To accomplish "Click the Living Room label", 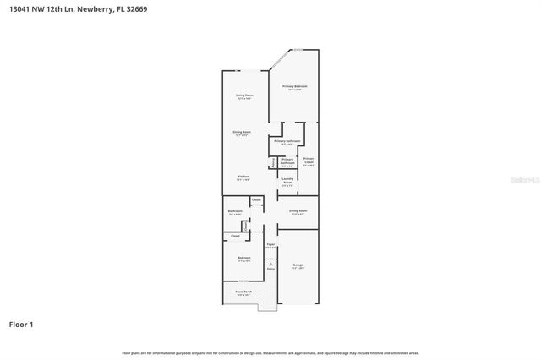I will (245, 95).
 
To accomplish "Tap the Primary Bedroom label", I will (294, 87).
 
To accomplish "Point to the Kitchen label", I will (242, 177).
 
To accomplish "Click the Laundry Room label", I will (287, 180).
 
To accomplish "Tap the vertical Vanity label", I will (272, 162).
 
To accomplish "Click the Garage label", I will (298, 265).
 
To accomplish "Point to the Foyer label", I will (270, 244).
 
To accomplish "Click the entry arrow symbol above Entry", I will (270, 265).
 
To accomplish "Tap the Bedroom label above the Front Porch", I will (243, 258).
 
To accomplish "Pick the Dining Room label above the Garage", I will (298, 210).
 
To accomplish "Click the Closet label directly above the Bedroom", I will (235, 236).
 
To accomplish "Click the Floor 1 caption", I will (21, 324).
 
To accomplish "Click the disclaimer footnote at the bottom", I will (270, 352).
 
